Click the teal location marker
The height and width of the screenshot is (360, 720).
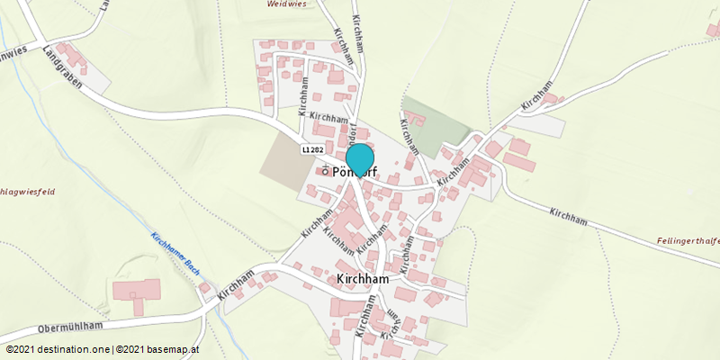tap(360, 159)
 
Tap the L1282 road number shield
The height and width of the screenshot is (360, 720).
tap(312, 149)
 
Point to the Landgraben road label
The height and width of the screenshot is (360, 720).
tap(62, 67)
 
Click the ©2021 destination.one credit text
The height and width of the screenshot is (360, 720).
tap(58, 349)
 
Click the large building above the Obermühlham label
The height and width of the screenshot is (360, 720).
tap(137, 292)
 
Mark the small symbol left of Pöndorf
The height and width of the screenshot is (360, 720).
tap(324, 170)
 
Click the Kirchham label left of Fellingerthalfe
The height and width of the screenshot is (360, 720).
tap(568, 216)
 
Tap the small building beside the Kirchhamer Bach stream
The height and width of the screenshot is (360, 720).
tap(204, 288)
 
